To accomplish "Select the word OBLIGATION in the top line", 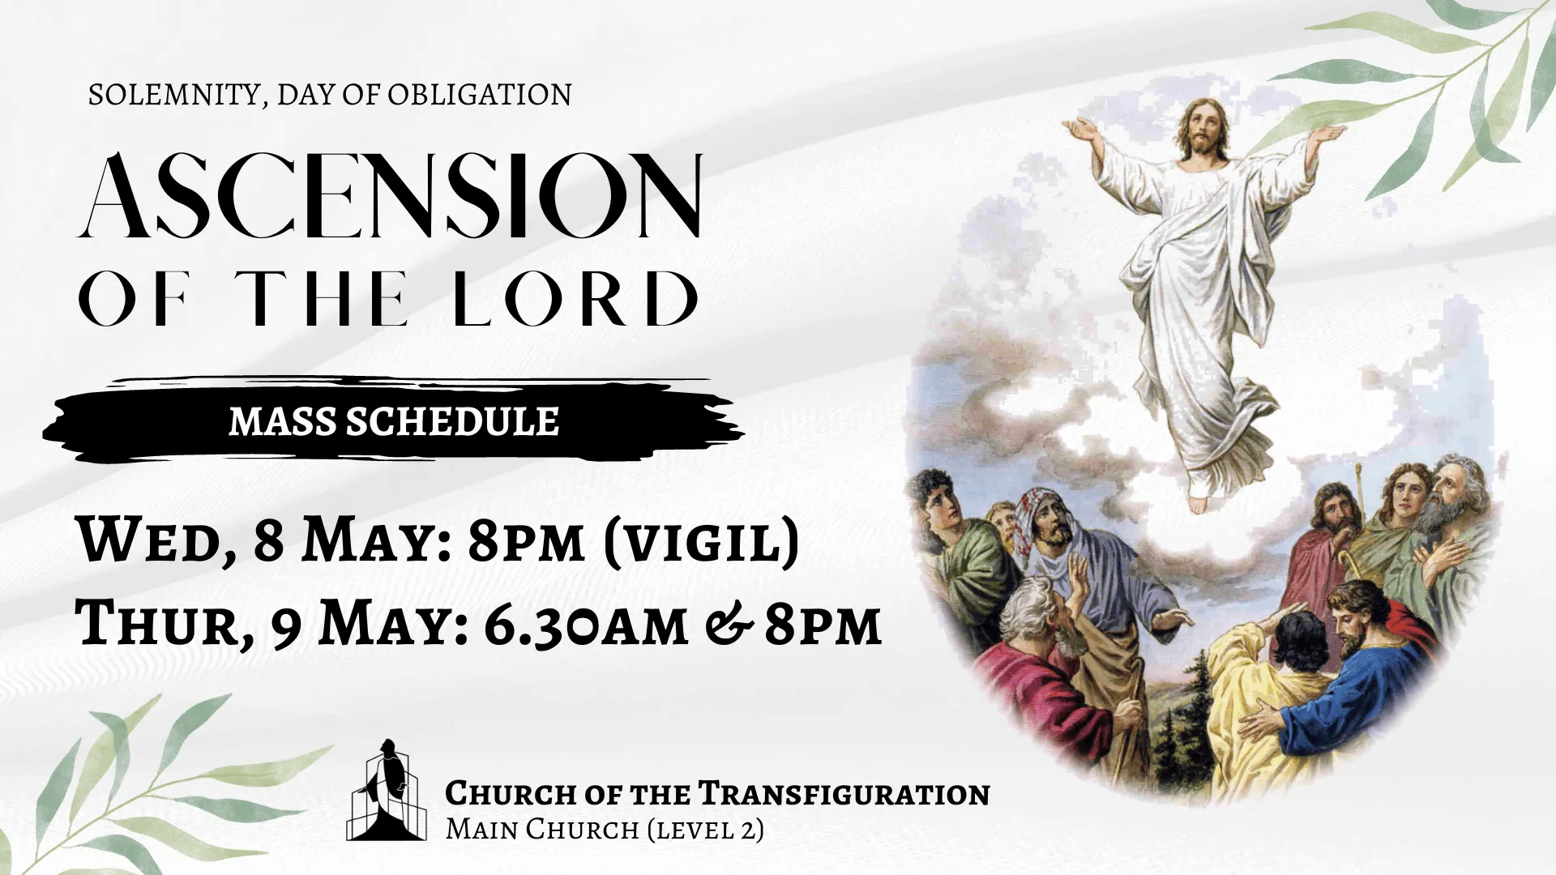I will click(x=479, y=95).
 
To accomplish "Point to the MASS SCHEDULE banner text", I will click(x=394, y=422).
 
